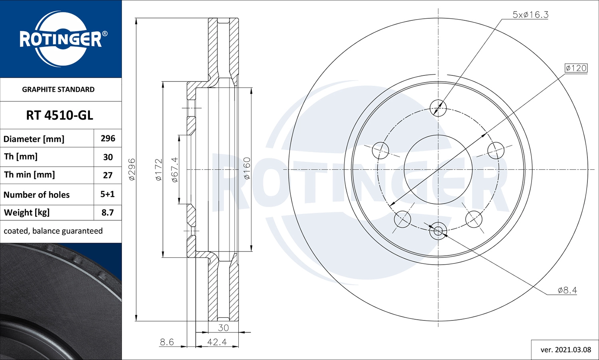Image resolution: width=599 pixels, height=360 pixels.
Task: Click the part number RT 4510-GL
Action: (x=60, y=115)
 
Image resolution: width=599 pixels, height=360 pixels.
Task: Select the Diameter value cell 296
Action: (x=108, y=138)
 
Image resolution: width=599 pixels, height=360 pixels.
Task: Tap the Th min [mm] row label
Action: (x=29, y=175)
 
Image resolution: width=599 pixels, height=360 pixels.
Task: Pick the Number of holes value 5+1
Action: (x=107, y=194)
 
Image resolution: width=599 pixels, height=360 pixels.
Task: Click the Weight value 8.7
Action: (x=107, y=213)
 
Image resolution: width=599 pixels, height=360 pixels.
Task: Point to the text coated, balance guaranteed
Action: (x=53, y=231)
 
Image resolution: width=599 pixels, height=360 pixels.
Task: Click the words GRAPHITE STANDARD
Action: (x=58, y=89)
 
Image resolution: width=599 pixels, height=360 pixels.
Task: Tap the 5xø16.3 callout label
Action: (x=530, y=15)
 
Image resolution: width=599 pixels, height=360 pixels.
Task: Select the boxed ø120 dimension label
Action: (x=576, y=68)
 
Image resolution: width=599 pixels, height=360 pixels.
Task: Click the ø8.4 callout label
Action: (x=567, y=290)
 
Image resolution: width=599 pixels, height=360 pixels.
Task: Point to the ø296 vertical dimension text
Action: (x=132, y=170)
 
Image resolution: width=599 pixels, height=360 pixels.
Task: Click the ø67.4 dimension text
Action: (x=175, y=170)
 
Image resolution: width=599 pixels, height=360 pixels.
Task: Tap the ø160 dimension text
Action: (x=247, y=168)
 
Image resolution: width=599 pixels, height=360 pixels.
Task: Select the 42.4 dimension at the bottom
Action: (x=217, y=342)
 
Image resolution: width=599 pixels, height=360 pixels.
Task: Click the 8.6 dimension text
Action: (x=167, y=342)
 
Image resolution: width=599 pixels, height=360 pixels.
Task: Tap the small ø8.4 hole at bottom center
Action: (x=438, y=231)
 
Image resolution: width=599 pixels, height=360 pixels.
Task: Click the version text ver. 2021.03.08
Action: (x=565, y=350)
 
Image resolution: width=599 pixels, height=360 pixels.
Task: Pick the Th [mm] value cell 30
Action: (x=108, y=157)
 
